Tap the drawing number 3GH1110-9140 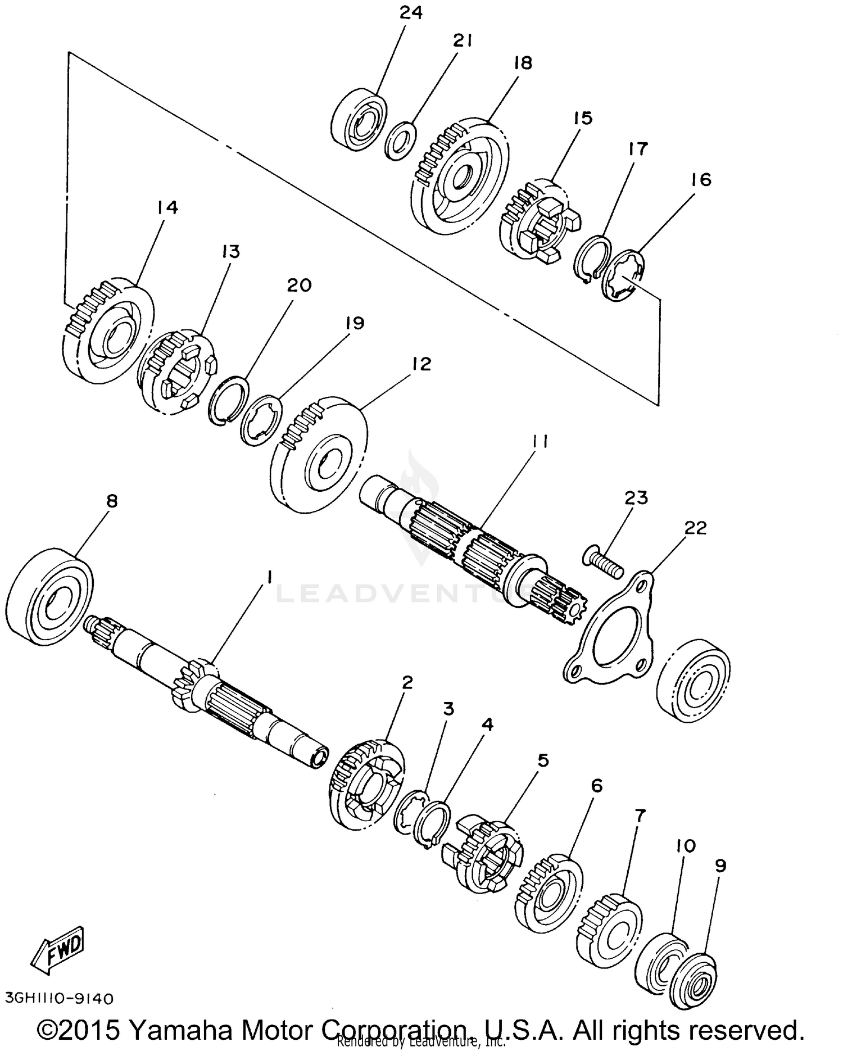59,998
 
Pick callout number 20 298,286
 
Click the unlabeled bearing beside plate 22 694,681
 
